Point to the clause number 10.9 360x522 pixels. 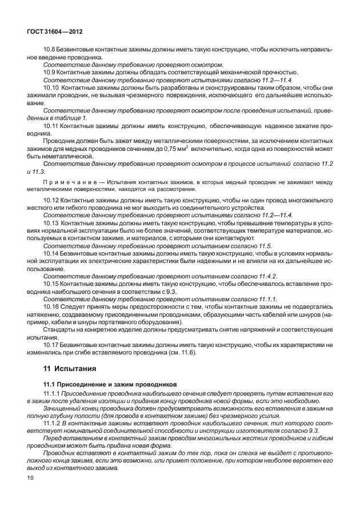point(51,72)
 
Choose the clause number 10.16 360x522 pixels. point(53,306)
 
